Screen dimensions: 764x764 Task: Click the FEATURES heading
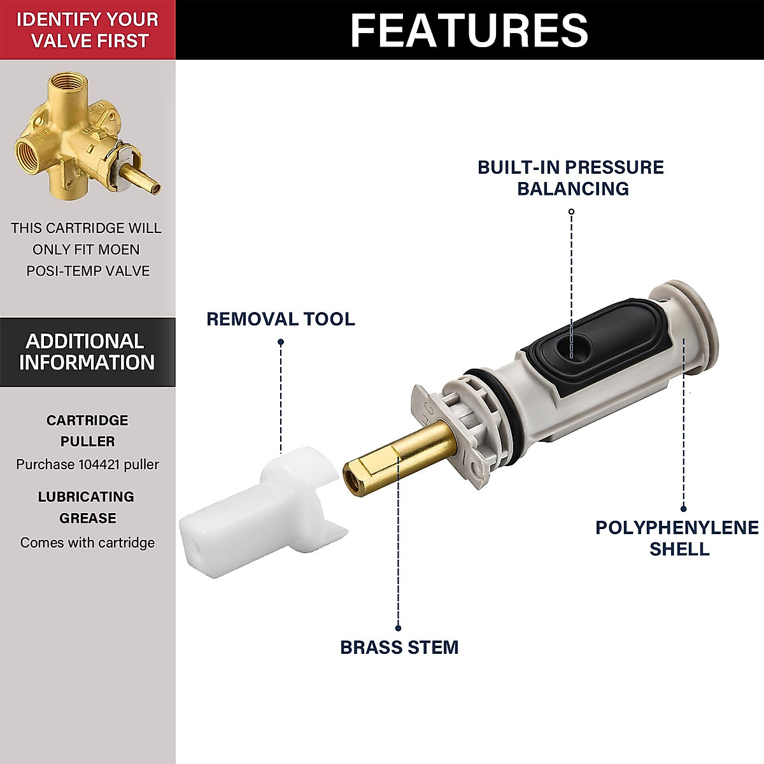469,30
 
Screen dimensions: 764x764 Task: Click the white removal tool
255,503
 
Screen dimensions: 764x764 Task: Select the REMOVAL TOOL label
280,319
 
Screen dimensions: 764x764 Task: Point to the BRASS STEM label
399,647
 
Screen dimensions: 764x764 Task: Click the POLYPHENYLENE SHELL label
677,538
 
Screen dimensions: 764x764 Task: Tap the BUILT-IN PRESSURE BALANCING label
571,178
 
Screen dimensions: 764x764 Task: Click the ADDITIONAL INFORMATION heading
87,352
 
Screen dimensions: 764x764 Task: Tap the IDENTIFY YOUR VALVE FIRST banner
87,30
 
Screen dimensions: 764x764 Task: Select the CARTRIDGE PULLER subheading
87,430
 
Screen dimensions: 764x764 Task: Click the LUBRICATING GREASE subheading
87,507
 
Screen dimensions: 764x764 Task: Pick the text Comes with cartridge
87,542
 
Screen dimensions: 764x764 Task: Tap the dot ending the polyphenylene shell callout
684,508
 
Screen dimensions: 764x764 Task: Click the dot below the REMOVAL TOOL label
281,343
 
